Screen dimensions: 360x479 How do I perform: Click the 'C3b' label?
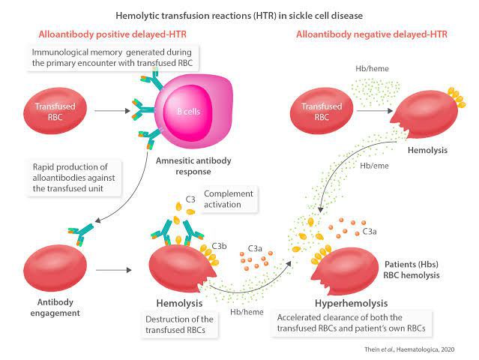click(220, 245)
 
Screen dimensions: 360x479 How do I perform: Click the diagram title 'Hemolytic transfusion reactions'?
click(239, 13)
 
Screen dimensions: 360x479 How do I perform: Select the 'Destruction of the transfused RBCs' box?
click(181, 325)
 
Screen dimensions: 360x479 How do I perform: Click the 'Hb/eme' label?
click(373, 166)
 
